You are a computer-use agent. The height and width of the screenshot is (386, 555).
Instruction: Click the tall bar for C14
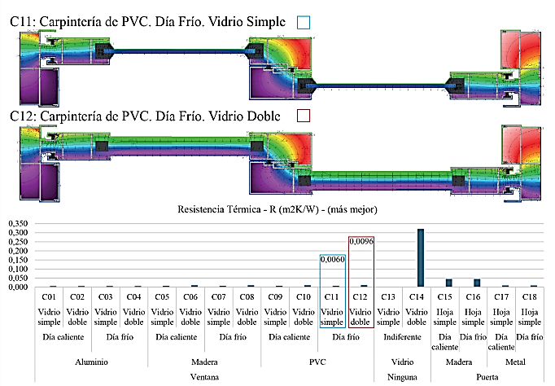(421, 257)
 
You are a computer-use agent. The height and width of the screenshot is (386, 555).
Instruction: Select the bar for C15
(449, 283)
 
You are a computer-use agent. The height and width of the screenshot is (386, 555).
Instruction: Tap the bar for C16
(477, 283)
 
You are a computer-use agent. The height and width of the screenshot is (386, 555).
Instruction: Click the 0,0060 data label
(332, 259)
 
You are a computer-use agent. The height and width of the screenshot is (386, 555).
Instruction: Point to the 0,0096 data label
(361, 241)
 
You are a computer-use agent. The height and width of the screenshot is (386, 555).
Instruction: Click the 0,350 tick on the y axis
(18, 223)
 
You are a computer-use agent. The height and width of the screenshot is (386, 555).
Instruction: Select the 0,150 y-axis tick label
(18, 260)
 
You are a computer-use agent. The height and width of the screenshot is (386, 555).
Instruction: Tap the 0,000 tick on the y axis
(18, 287)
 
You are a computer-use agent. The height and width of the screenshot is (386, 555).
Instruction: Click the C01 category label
(49, 296)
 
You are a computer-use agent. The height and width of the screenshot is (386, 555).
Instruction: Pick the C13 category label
(388, 296)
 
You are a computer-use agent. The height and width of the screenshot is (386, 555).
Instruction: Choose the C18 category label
(530, 296)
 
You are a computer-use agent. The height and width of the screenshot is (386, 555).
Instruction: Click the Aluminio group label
(91, 362)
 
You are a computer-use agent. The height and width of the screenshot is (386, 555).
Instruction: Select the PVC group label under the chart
(317, 362)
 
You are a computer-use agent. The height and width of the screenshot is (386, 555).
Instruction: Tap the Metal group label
(515, 362)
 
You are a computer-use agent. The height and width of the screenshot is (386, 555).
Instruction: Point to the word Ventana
(204, 377)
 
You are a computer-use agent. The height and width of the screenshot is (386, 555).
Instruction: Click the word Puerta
(487, 377)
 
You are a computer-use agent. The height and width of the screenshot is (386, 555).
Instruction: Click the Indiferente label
(403, 337)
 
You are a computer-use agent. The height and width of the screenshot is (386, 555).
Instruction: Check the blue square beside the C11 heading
(304, 22)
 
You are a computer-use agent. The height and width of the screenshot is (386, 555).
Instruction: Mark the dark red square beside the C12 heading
(304, 116)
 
